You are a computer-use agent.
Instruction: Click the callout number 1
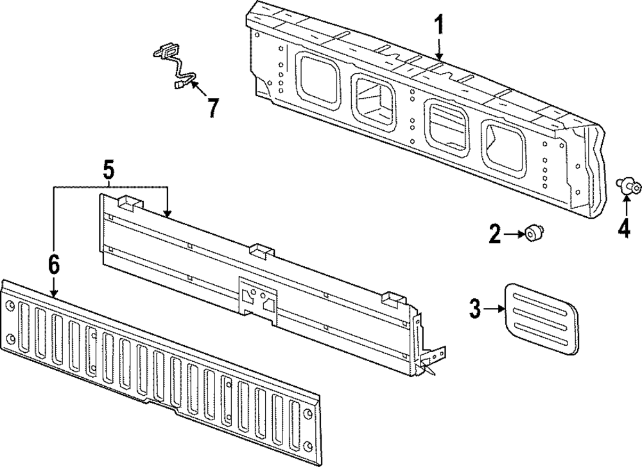coord(439,26)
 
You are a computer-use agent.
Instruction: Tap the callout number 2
coord(494,235)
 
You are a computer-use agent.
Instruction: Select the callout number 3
coord(474,309)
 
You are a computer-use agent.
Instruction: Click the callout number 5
coord(108,171)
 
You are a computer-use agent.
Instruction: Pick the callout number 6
coord(53,264)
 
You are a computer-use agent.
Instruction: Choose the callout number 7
coord(213,107)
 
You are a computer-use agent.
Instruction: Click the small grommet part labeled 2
coord(532,234)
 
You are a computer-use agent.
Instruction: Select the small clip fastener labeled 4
coord(628,187)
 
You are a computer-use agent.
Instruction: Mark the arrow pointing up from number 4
coord(626,207)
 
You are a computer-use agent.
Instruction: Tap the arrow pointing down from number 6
coord(54,285)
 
